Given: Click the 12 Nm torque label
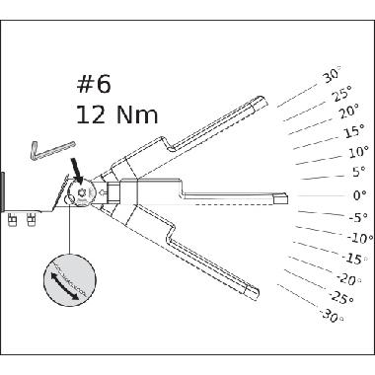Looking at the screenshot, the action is [x=116, y=114].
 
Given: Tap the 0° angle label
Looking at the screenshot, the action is [x=359, y=195].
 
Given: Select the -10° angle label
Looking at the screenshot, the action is [x=360, y=238].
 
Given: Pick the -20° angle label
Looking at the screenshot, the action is [x=347, y=279].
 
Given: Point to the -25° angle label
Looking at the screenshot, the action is [x=341, y=297].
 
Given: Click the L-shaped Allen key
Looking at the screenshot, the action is [x=46, y=151].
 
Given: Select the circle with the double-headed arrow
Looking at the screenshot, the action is [x=68, y=283].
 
